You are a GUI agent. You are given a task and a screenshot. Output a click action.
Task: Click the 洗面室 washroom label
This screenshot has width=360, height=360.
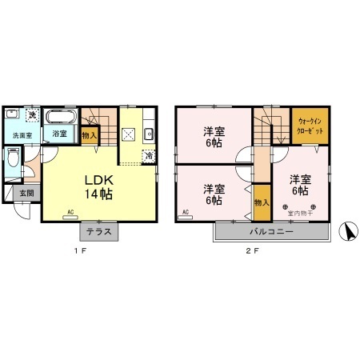point(22,135)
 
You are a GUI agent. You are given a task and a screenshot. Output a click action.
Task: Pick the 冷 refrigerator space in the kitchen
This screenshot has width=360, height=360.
point(150,156)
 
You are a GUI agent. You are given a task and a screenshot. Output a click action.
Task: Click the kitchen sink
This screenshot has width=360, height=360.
point(149,134)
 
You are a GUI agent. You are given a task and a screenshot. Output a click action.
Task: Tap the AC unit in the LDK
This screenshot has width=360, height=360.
point(70,213)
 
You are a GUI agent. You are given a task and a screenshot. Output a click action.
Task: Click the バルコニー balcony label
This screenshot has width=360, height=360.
point(272,231)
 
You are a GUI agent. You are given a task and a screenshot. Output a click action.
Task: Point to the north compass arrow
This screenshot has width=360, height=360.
point(345,232)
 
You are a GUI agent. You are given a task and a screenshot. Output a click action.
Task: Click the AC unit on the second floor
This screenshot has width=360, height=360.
point(185,213)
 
